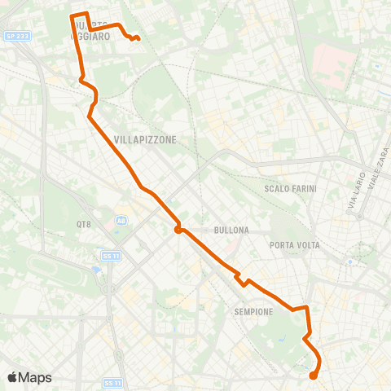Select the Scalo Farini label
(x=290, y=188)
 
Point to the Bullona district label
(x=231, y=231)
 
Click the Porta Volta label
(x=294, y=245)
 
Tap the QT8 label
(x=84, y=223)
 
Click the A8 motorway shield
(x=121, y=220)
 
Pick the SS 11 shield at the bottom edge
(x=112, y=382)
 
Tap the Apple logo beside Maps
(x=12, y=377)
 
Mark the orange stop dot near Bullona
(x=177, y=230)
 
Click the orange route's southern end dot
(x=313, y=376)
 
